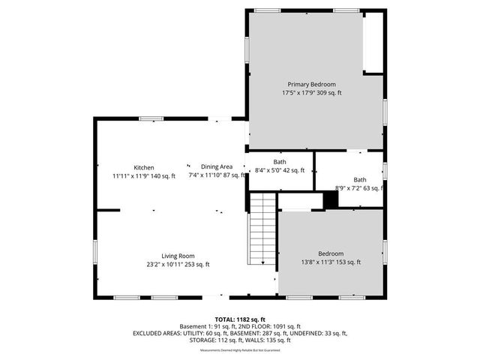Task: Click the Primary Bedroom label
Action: coord(312,84)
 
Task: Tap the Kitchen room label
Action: coord(144,167)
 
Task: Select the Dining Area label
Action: coord(217,166)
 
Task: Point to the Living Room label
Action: coord(178,255)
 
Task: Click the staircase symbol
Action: coord(262,228)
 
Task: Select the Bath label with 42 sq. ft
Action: coord(279,162)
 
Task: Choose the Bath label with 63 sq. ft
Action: coord(360,180)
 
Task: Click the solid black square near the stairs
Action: coord(330,200)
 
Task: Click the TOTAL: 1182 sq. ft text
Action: coord(240,319)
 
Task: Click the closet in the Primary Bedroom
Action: coord(372,43)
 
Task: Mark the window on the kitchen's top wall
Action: coord(151,118)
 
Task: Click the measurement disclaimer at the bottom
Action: coord(240,350)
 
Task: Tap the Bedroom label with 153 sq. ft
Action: coord(330,253)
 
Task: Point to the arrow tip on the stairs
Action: coord(262,263)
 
